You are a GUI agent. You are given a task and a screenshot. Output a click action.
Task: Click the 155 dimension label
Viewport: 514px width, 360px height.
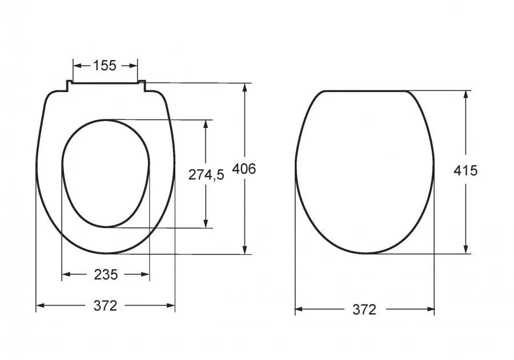pos(105,66)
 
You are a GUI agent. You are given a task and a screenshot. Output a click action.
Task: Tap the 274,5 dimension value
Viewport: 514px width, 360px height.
pos(206,175)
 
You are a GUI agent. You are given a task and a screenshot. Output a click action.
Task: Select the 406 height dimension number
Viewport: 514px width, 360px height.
pos(243,169)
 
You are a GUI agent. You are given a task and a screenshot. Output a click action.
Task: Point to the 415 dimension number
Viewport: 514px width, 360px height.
pos(465,170)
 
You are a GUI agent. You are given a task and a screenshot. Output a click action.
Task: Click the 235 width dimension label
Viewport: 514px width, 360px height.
pos(106,274)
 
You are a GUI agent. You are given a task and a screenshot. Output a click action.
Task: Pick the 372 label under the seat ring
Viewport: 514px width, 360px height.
pos(105,306)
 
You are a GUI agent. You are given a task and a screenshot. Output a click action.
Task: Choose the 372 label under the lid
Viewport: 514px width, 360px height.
pos(364,309)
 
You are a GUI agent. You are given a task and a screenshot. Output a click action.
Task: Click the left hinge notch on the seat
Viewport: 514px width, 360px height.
pos(69,85)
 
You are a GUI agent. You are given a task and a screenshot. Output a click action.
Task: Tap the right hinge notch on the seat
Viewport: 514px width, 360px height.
pos(142,85)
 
